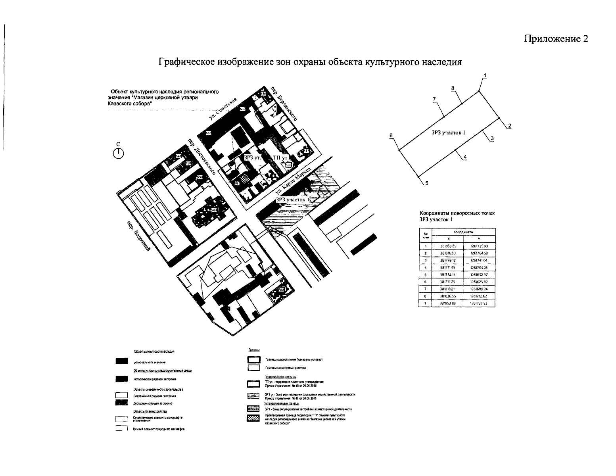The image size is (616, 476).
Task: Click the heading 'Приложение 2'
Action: point(556,38)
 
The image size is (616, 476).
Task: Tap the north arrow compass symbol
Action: point(118,152)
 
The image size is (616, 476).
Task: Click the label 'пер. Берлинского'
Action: point(284,103)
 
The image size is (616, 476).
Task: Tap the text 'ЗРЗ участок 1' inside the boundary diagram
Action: point(448,133)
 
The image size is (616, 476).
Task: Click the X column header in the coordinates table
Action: point(448,238)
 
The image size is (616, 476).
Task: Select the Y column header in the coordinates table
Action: point(479,238)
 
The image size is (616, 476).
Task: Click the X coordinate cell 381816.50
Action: point(448,253)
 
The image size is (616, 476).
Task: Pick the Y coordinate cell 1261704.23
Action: point(479,268)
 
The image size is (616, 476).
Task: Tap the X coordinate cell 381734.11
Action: point(448,275)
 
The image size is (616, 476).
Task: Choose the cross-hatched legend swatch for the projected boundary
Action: point(253,418)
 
